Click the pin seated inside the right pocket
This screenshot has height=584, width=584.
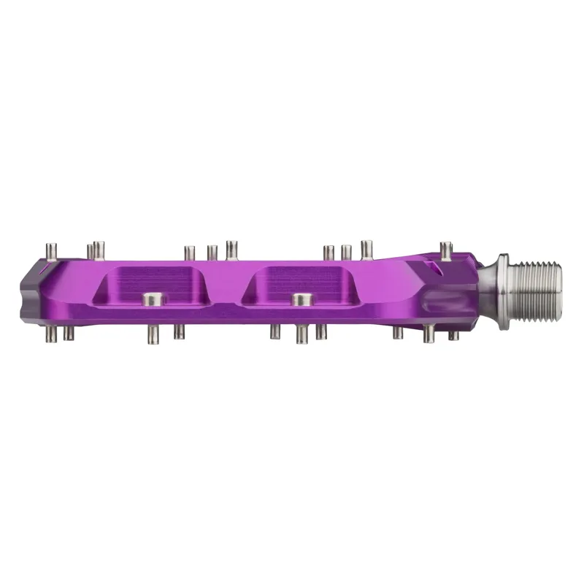point(299,299)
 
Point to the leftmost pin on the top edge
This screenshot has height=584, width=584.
point(51,250)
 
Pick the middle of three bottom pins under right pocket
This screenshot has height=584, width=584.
point(301,334)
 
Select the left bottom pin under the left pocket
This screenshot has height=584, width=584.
point(153,334)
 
